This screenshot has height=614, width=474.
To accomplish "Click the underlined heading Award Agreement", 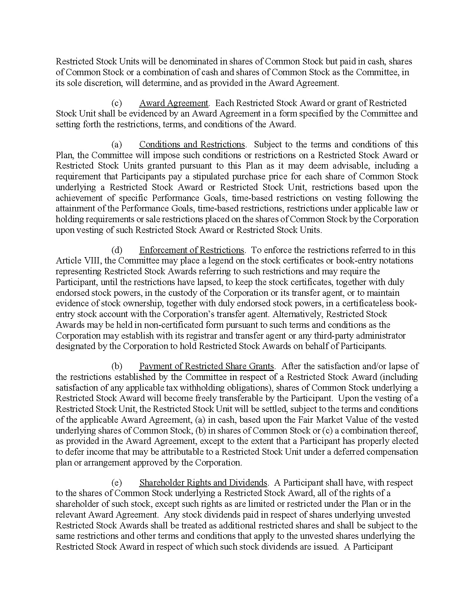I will point(174,103).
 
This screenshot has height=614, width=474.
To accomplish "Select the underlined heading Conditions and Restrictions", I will point(192,144).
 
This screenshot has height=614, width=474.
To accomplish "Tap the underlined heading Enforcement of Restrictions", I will point(191,250).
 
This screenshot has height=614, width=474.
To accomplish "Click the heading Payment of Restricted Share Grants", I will point(206,366).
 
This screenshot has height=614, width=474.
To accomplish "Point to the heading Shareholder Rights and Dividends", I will point(203,483).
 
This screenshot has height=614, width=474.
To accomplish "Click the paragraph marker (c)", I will point(117,103).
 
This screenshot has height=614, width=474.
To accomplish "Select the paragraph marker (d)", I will point(117,250).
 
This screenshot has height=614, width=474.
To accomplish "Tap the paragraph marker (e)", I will point(117,483).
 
